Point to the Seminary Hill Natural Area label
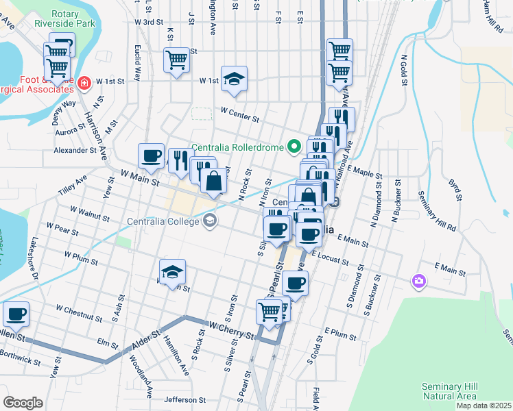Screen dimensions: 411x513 449,391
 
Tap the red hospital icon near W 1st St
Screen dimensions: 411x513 84,84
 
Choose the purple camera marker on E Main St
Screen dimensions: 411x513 418,280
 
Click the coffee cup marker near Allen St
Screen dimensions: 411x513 16,314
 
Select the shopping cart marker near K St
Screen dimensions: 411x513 177,60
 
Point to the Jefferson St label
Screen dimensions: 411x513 184,399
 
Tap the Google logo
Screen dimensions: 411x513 23,402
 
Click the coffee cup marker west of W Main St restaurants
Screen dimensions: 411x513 151,155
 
